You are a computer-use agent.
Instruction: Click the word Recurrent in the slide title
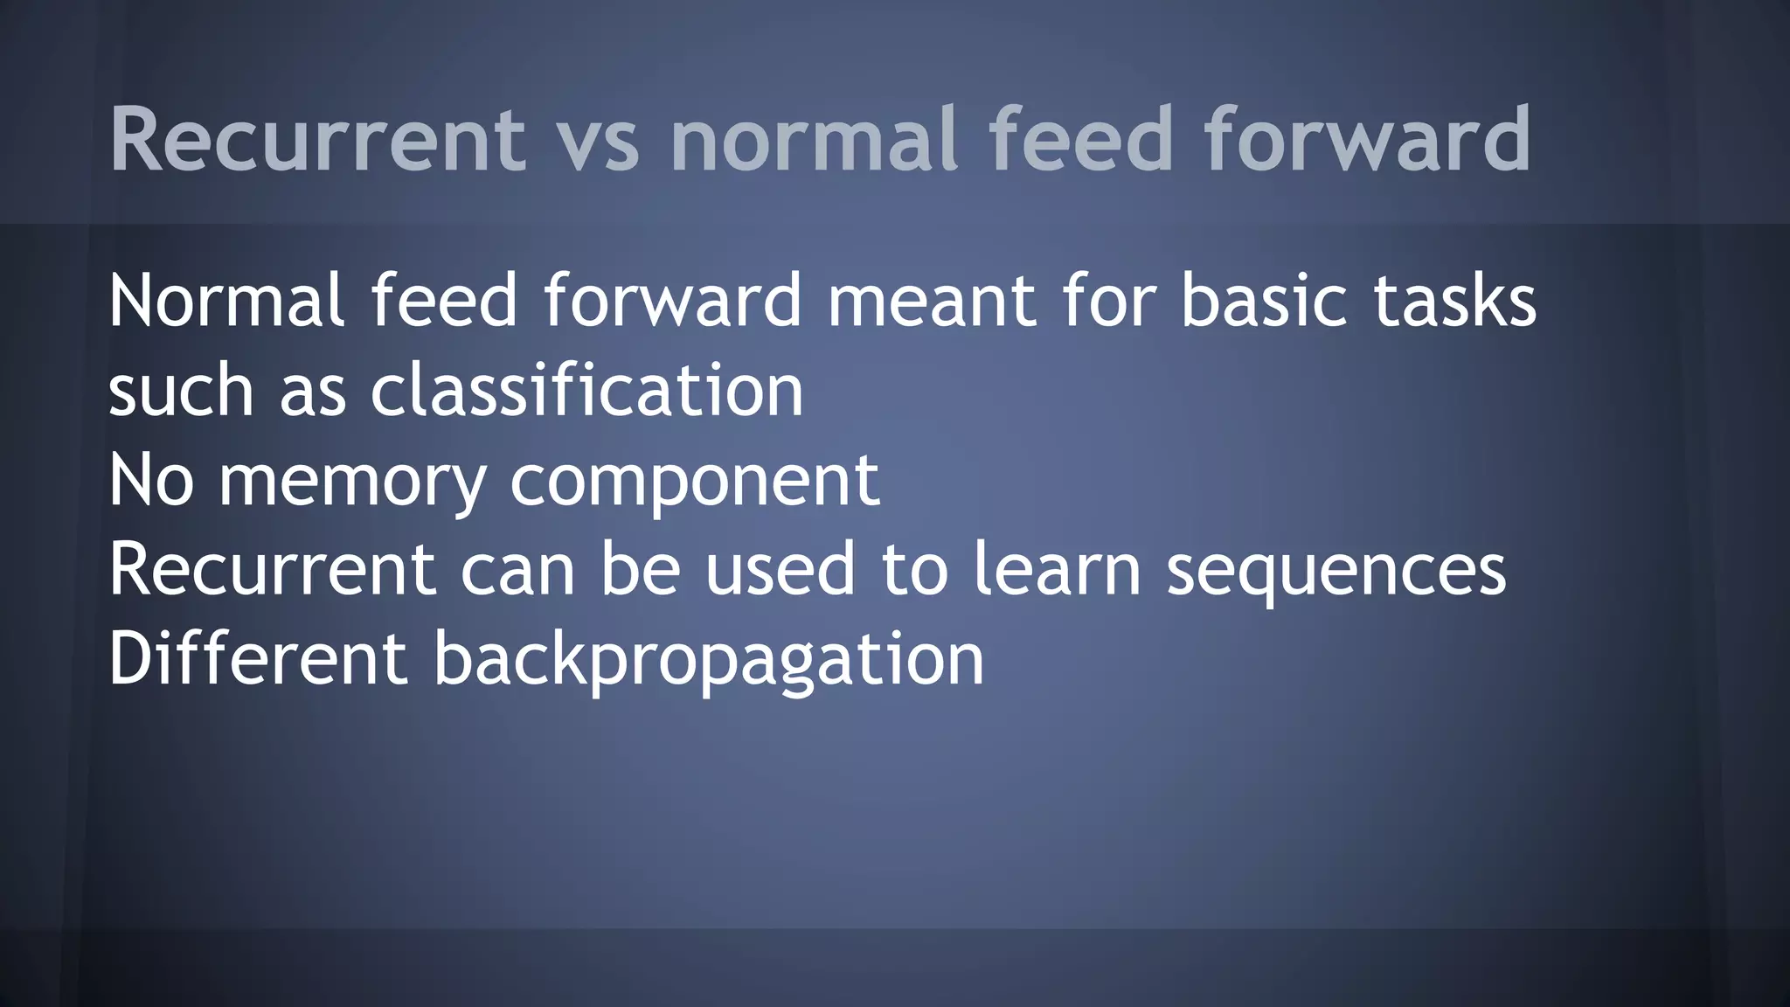coord(317,140)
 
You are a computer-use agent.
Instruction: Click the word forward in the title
coord(1367,140)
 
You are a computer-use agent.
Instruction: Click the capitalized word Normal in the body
coord(226,301)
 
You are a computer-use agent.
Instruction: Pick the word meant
coord(932,301)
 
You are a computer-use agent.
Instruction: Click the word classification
coord(586,391)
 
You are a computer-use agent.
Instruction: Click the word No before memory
coord(151,480)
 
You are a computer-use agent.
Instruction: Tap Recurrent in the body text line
coord(272,569)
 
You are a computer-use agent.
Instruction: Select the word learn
coord(1057,569)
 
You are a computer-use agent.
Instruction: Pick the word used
coord(780,569)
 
